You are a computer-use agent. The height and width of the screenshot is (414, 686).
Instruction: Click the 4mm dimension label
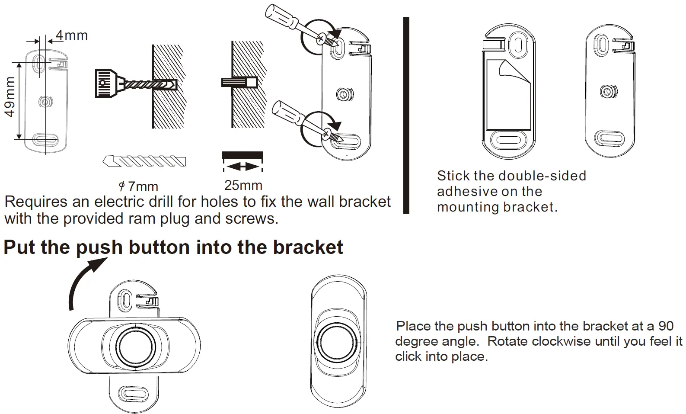72,35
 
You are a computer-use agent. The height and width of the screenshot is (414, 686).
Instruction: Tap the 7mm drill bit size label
139,187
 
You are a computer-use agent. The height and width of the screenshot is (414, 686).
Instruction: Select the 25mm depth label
243,185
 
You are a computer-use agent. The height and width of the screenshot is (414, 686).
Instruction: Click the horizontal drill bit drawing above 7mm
144,161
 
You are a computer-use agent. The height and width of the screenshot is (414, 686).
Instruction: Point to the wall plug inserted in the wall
239,82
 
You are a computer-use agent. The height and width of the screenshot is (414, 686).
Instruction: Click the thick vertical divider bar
406,115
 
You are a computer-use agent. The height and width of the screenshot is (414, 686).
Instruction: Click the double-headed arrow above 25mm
242,167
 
